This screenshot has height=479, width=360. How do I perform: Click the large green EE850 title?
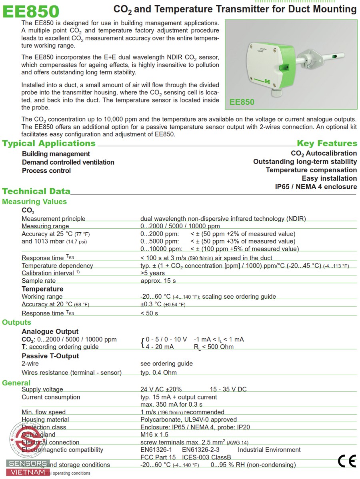tap(31, 11)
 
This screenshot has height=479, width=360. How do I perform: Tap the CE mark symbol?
tap(346, 461)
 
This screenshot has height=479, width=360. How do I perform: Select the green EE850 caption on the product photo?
tap(242, 102)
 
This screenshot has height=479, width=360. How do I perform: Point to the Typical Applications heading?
tap(49, 143)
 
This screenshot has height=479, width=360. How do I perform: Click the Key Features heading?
tap(327, 143)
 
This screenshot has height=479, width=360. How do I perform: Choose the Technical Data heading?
tap(36, 191)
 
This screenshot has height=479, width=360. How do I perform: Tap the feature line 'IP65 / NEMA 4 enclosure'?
tap(316, 187)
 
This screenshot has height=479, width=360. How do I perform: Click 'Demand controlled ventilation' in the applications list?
tap(68, 162)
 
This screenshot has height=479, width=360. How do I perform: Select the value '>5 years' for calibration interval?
tap(152, 273)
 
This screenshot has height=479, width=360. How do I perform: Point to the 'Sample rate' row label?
tap(38, 281)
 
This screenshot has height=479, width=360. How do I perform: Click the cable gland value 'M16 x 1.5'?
tap(154, 435)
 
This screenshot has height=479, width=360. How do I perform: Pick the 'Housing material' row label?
tap(45, 419)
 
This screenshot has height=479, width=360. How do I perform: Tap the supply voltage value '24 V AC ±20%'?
tap(161, 389)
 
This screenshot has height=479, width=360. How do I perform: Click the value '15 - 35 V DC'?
tap(228, 389)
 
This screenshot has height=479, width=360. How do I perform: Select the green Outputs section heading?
tap(16, 322)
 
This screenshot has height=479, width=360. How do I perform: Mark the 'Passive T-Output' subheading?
tap(50, 356)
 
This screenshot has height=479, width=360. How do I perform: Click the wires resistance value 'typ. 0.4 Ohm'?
tap(158, 373)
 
